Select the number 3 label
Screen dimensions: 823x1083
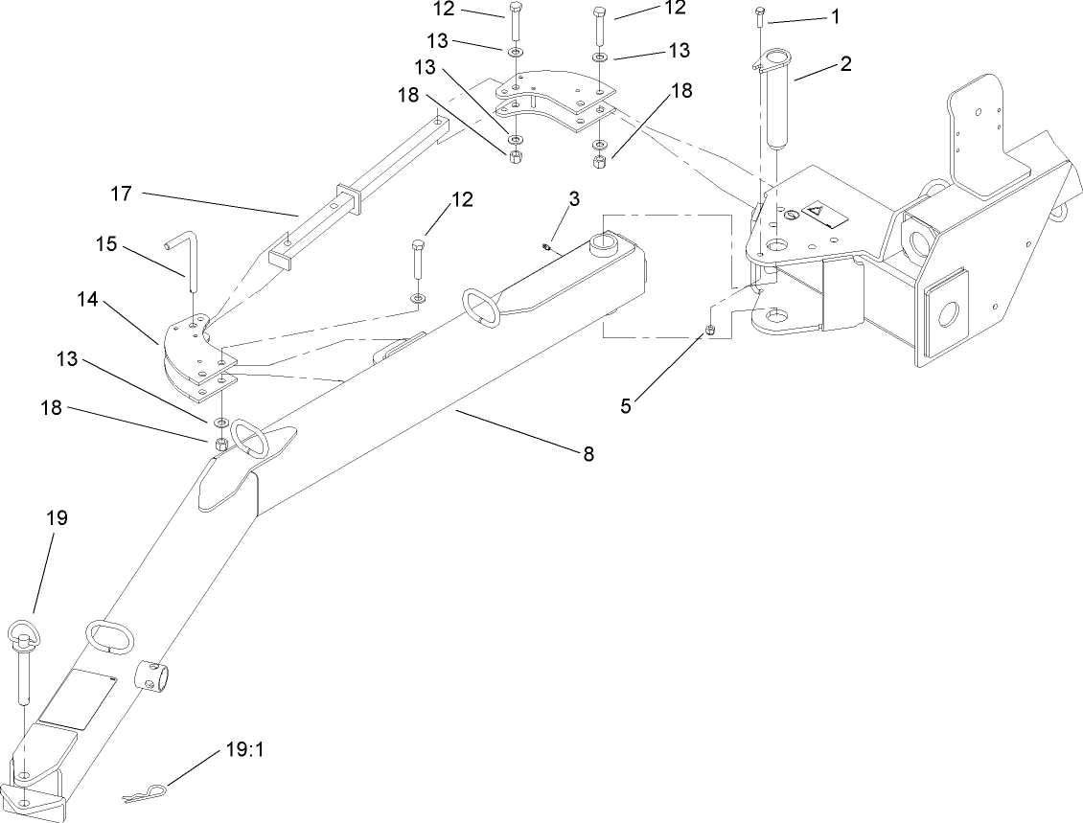[x=573, y=198]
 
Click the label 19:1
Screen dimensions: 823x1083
[x=235, y=750]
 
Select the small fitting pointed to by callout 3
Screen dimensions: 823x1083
[x=543, y=246]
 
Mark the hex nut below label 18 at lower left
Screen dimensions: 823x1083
[x=219, y=444]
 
